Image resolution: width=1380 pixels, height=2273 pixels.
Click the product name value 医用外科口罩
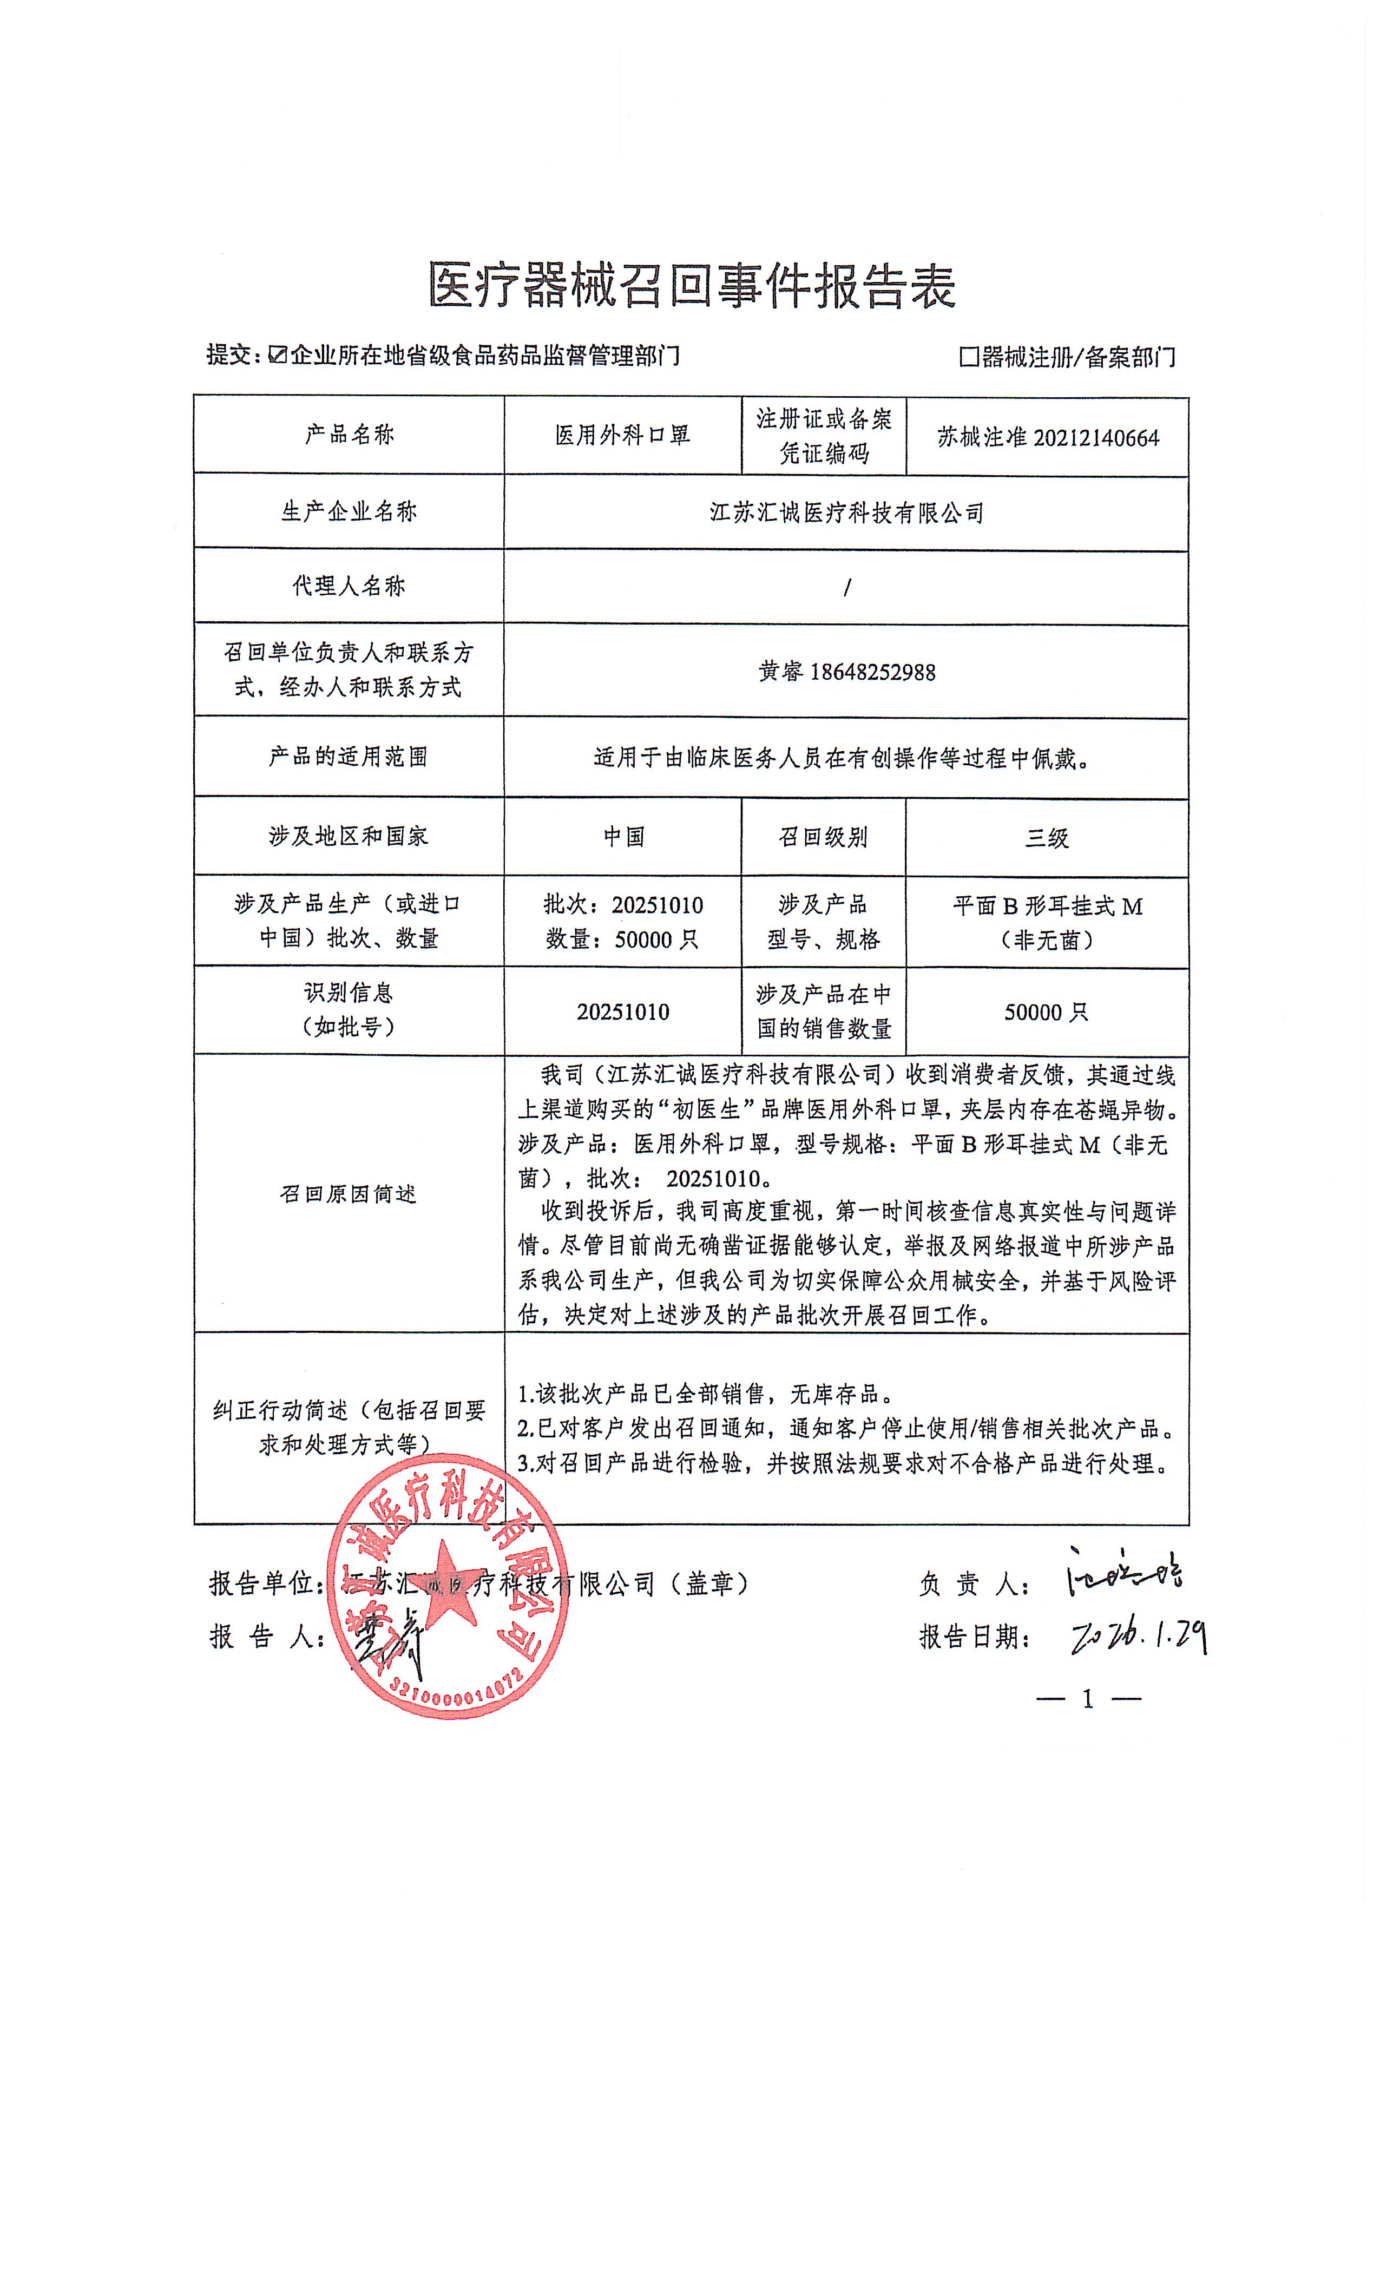click(623, 436)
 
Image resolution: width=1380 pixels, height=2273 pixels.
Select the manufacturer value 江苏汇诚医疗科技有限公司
click(846, 513)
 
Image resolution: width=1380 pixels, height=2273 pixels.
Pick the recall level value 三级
click(1047, 838)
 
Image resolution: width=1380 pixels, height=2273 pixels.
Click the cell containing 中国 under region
click(623, 837)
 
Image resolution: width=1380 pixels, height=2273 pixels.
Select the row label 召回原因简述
click(349, 1194)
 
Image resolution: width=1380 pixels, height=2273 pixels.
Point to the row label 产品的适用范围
click(349, 757)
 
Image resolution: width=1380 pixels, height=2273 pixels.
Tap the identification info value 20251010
click(623, 1012)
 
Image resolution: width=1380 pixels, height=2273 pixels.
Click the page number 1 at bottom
click(1088, 1699)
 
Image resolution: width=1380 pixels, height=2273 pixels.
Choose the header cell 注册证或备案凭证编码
click(824, 436)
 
